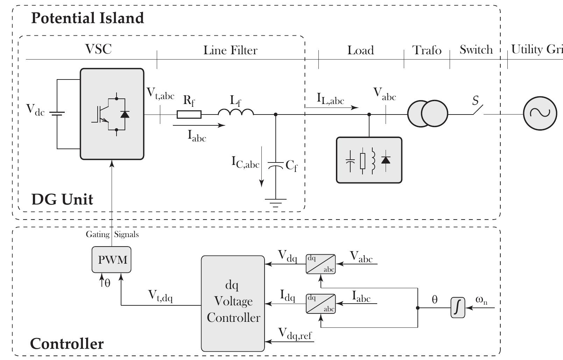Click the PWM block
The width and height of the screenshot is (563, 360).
coord(112,260)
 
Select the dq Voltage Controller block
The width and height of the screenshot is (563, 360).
coord(233,303)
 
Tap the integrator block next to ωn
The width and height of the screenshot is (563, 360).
coord(458,308)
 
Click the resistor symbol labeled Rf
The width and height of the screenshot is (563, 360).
coord(189,114)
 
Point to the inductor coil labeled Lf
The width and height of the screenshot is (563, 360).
coord(236,112)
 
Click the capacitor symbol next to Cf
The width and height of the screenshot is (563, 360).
coord(275,165)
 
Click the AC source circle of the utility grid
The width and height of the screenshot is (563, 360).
coord(540,113)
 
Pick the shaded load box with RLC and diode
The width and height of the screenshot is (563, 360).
coord(369,160)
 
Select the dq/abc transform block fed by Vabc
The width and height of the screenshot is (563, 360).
coord(321,264)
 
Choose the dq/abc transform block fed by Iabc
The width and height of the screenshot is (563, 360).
coord(321,304)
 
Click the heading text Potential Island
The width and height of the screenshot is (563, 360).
coord(87,18)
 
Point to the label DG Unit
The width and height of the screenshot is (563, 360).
coord(62,199)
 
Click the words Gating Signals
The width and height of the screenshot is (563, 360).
coord(112,234)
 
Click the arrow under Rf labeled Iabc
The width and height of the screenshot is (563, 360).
coord(199,125)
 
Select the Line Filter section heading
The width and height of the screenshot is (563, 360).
coord(230,50)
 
